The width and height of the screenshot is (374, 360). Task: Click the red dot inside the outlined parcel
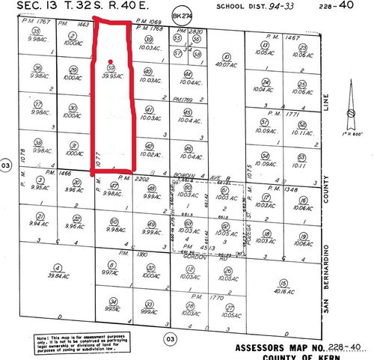110,61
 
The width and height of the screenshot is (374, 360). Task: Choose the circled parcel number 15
282,282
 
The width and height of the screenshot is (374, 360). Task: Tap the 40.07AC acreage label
224,65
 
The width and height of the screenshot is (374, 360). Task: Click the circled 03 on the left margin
6,165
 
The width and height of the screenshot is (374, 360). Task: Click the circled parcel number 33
150,304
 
